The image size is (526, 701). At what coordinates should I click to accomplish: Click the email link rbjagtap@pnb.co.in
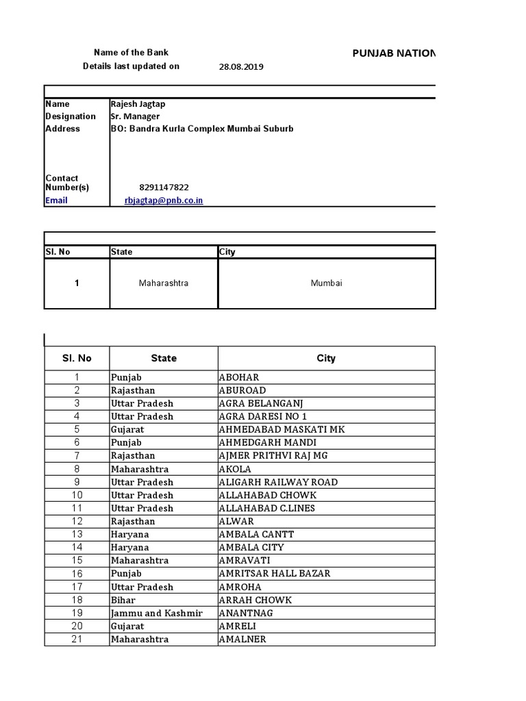[164, 201]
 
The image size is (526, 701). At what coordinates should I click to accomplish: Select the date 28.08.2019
[241, 67]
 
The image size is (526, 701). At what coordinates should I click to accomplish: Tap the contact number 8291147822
[164, 188]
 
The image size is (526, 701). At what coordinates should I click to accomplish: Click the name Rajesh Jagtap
[138, 104]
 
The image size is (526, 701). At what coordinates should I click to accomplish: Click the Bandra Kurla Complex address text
[202, 129]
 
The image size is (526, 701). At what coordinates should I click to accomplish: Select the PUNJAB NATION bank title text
[393, 53]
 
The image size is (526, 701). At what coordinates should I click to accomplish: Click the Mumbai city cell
[326, 283]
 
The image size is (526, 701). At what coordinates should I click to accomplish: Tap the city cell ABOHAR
[238, 377]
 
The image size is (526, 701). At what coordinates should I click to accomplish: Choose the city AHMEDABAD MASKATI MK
[281, 430]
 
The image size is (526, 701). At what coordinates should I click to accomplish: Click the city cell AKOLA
[235, 470]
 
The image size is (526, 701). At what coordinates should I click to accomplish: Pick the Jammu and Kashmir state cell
[157, 613]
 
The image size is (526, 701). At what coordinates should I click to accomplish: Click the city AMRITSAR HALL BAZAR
[273, 574]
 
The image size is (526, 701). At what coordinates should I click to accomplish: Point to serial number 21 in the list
[77, 639]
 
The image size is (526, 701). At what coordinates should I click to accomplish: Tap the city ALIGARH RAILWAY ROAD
[277, 483]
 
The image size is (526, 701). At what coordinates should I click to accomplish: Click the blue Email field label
[56, 201]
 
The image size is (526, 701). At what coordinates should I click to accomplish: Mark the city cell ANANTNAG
[245, 613]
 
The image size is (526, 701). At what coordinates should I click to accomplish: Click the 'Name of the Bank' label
[131, 53]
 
